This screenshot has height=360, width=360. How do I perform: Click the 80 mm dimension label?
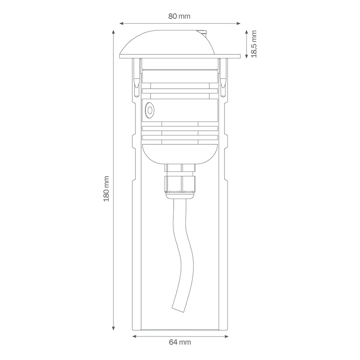[x=179, y=16]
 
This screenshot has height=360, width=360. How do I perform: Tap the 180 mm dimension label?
[x=106, y=189]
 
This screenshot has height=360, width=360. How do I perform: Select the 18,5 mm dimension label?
[x=254, y=44]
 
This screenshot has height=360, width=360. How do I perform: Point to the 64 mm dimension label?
[x=180, y=342]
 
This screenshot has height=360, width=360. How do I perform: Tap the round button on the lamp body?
[x=150, y=110]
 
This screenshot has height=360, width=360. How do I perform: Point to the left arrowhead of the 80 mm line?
[x=121, y=23]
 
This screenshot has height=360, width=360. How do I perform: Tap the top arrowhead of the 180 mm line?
[x=114, y=32]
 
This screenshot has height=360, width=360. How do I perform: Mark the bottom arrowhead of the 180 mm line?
[x=114, y=329]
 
